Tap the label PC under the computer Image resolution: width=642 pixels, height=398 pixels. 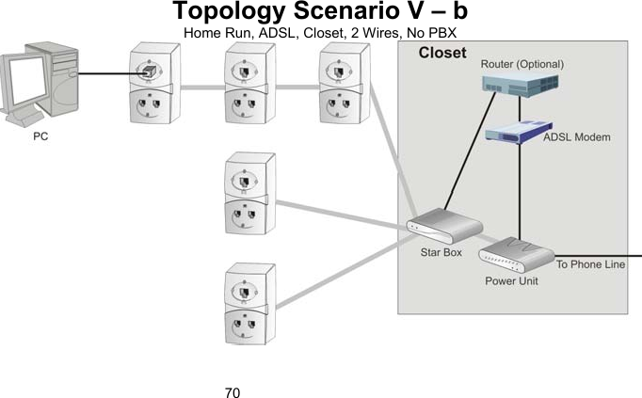[41, 136]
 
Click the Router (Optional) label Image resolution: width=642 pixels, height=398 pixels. [522, 64]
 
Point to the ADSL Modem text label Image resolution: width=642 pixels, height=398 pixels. [577, 137]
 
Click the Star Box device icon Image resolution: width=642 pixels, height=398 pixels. [443, 229]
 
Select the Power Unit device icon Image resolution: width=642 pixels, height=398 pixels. [517, 252]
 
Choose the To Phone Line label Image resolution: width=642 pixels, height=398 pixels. [590, 265]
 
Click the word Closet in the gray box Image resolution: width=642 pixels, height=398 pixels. [441, 53]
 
